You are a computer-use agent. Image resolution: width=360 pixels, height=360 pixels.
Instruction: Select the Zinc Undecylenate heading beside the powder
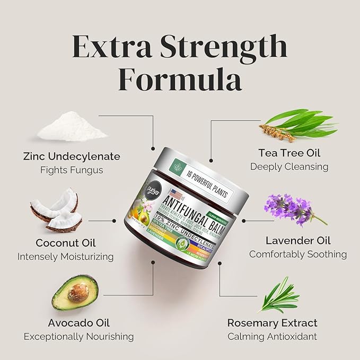point(72,156)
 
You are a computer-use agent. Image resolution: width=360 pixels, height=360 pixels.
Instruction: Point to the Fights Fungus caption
point(72,170)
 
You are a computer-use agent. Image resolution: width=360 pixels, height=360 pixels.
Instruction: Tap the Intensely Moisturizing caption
point(66,257)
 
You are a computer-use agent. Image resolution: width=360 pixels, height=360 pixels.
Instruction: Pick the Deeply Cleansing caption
point(289,166)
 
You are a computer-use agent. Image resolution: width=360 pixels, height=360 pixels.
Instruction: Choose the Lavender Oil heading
point(296,240)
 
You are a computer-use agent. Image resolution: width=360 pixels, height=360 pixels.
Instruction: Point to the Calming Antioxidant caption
point(273,336)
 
